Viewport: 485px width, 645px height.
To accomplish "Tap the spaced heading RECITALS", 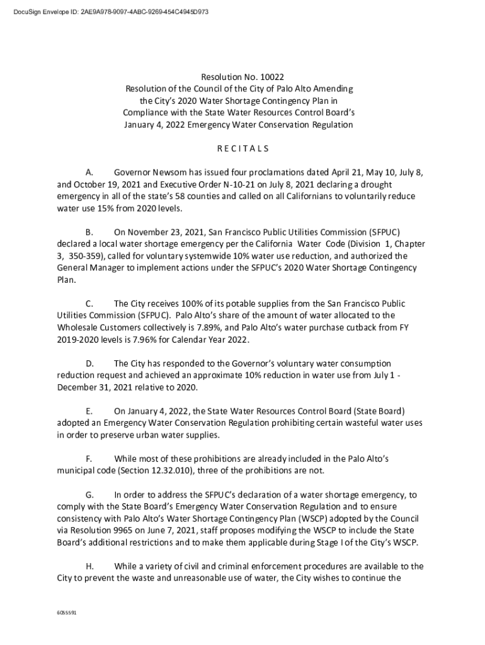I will [x=243, y=149].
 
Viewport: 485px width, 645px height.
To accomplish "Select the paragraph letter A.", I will [x=89, y=172].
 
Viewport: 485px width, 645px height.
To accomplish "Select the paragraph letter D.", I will [x=89, y=363].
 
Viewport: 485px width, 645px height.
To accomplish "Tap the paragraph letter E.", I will [x=89, y=411].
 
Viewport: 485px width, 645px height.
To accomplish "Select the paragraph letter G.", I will [x=89, y=494].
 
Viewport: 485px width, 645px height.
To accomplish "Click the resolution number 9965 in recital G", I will [x=123, y=530].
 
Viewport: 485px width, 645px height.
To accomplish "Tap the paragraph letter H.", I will [x=89, y=566].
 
